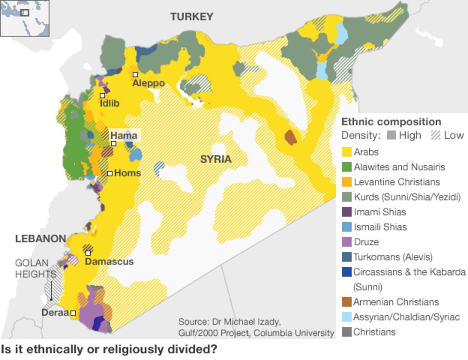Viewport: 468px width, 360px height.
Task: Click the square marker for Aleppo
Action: pos(136,74)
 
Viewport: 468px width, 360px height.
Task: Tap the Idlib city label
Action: pos(110,103)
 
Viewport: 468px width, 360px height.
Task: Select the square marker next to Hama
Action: pos(114,144)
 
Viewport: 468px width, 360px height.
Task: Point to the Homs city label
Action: pos(128,173)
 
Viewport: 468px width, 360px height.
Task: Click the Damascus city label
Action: pos(109,262)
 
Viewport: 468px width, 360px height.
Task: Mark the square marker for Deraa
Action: pos(73,313)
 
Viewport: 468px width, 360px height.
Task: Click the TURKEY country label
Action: pos(192,17)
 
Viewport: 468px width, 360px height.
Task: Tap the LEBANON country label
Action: pos(40,239)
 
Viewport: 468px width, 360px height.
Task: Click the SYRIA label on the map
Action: pos(216,159)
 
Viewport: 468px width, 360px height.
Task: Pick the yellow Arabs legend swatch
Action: pos(346,152)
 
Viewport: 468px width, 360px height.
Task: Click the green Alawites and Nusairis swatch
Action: pos(346,167)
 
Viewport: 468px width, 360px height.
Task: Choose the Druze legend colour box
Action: pos(346,242)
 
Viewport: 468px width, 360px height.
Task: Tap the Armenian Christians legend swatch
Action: pos(346,302)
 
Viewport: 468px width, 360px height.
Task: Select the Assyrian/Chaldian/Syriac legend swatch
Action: pos(346,317)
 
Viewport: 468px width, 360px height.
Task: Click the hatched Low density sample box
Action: pos(436,135)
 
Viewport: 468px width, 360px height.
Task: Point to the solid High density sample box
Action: pos(391,135)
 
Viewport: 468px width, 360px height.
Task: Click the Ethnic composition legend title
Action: pos(391,122)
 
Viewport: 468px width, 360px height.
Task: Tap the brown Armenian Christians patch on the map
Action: pos(291,137)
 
